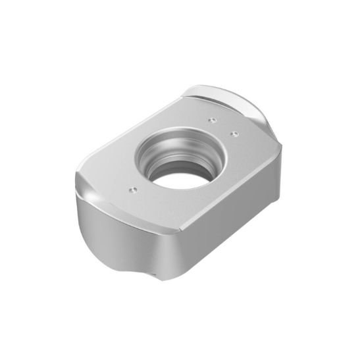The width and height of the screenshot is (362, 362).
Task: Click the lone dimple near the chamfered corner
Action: point(131,189)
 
